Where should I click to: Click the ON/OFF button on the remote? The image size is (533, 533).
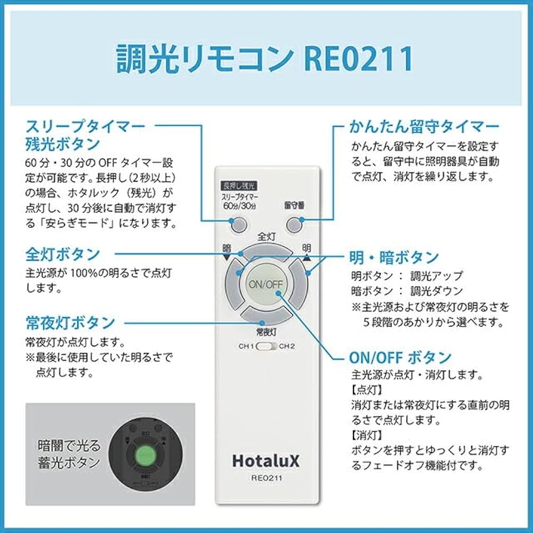tap(265, 284)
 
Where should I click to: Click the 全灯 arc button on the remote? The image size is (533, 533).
tap(266, 251)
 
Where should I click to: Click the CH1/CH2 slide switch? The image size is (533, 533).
tap(266, 346)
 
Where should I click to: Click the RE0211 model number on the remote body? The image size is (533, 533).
tap(266, 478)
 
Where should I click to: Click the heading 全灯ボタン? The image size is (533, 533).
tap(63, 254)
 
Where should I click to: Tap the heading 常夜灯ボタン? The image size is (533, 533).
tap(70, 322)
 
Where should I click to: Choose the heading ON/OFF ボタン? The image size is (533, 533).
tap(400, 357)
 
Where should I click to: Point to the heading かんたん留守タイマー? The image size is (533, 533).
tap(424, 127)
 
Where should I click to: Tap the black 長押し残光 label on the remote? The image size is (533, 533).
tap(238, 186)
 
